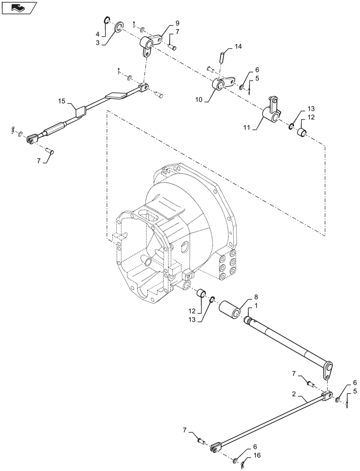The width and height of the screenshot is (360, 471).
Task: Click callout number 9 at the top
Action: pyautogui.click(x=164, y=23)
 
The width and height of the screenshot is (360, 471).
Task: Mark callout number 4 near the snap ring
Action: pyautogui.click(x=98, y=34)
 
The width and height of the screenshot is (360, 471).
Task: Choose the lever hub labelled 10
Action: pyautogui.click(x=219, y=85)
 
